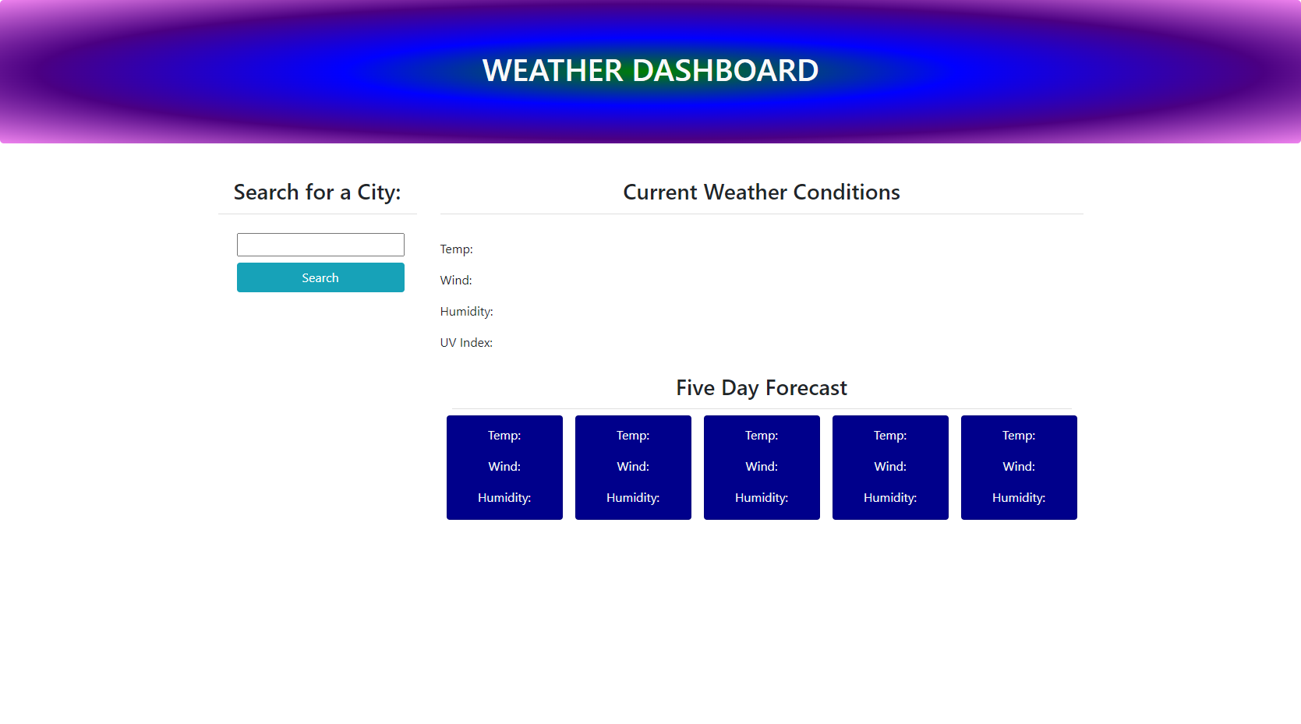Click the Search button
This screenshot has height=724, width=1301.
click(x=320, y=277)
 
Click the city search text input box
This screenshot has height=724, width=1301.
click(x=320, y=245)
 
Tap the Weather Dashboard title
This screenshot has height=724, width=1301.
click(x=650, y=71)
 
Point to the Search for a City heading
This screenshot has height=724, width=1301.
click(x=317, y=192)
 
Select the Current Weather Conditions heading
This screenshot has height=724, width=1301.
click(x=762, y=192)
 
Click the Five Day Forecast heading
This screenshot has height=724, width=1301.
click(x=762, y=388)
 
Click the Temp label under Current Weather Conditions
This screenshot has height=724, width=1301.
click(x=457, y=249)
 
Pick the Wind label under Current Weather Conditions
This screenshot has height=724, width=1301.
click(x=456, y=281)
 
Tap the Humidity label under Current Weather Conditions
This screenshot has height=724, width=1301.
click(x=466, y=312)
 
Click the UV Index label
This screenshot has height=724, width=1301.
click(x=466, y=343)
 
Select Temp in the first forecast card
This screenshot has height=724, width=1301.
click(x=504, y=436)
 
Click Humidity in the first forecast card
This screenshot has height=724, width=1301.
click(x=504, y=498)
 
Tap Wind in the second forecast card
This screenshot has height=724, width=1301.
click(x=633, y=467)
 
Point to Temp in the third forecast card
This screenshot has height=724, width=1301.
click(x=762, y=436)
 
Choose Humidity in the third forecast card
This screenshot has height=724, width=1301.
click(x=762, y=498)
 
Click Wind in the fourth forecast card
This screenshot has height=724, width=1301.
click(x=890, y=467)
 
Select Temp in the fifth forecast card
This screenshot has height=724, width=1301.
click(x=1019, y=436)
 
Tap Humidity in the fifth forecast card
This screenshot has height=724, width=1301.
click(x=1019, y=498)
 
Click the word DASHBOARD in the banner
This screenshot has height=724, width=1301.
click(x=725, y=71)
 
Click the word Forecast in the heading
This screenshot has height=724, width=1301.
click(x=806, y=388)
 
